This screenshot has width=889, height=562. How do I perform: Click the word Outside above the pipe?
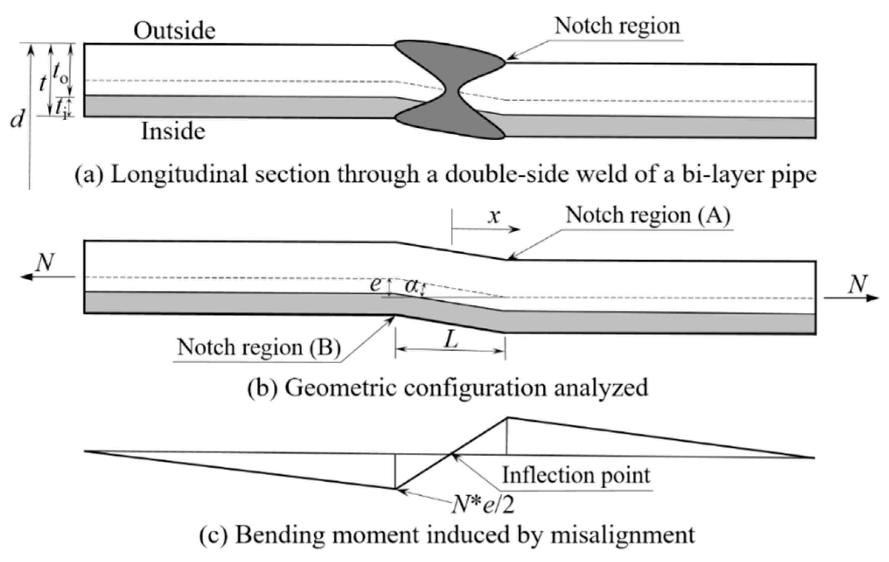(174, 30)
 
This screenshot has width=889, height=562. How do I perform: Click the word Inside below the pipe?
(173, 131)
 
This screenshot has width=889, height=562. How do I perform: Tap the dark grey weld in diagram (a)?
(450, 89)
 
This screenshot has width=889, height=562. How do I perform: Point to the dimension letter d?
(17, 119)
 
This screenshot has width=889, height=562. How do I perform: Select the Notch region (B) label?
(259, 348)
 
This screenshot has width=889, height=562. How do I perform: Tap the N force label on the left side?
(45, 262)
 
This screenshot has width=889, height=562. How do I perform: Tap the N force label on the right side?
(858, 285)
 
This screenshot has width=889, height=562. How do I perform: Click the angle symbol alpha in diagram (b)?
(410, 286)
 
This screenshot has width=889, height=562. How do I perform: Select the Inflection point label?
(576, 475)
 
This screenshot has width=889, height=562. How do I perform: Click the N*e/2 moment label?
(483, 505)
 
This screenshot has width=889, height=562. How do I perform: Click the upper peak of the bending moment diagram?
(507, 418)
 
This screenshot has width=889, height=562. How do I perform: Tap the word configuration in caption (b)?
(475, 388)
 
